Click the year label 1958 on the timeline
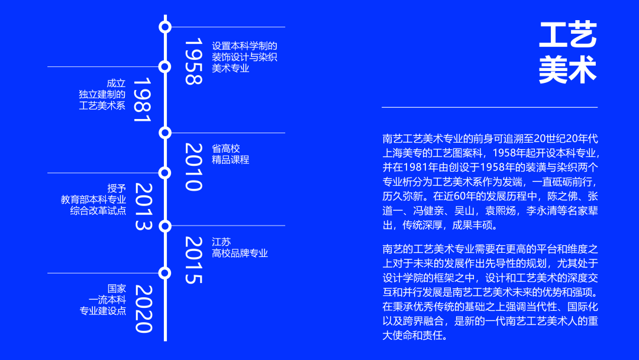click(193, 62)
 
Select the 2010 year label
click(193, 167)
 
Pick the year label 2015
click(193, 260)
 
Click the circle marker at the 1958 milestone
click(165, 27)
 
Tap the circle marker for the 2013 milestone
click(165, 173)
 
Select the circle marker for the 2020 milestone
click(165, 273)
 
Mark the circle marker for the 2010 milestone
click(165, 133)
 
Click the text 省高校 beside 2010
click(226, 148)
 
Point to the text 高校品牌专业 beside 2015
click(240, 253)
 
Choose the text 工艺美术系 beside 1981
click(102, 106)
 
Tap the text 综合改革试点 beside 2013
click(98, 211)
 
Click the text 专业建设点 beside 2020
click(102, 311)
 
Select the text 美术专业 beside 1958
click(231, 68)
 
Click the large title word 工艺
click(567, 36)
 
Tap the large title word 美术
click(567, 70)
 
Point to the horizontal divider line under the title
click(489, 107)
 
